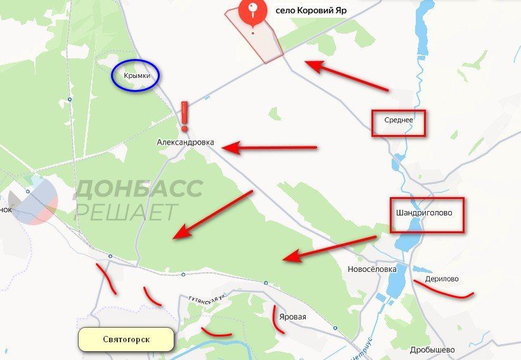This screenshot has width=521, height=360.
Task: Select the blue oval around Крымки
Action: coord(136,76)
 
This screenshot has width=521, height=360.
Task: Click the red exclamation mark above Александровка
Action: coord(184,116)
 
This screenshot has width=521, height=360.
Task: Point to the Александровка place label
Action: coord(186,143)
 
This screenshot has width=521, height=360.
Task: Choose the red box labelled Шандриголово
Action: coord(427,214)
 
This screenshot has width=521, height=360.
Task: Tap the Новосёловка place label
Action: coord(372,269)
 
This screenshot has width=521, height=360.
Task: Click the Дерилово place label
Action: coord(442,279)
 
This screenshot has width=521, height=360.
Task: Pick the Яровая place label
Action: coord(292,318)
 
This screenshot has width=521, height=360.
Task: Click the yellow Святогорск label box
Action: coord(125,340)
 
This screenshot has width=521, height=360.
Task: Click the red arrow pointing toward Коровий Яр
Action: coord(345,75)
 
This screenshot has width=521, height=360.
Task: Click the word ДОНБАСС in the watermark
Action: coord(140,189)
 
